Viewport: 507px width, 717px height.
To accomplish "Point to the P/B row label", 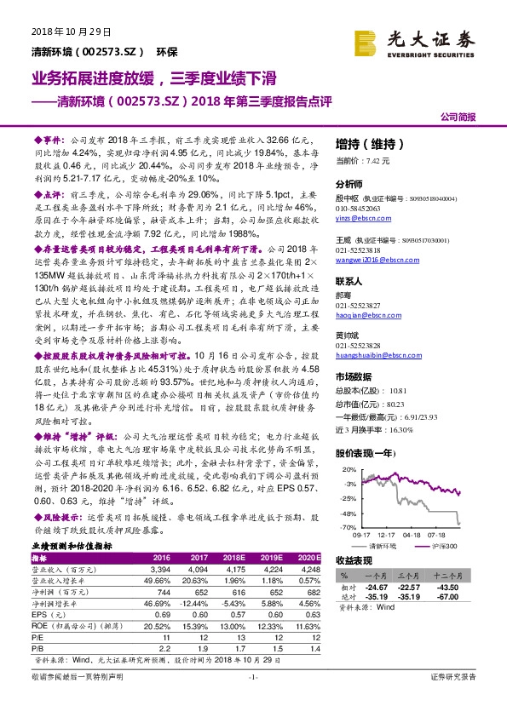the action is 41,648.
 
